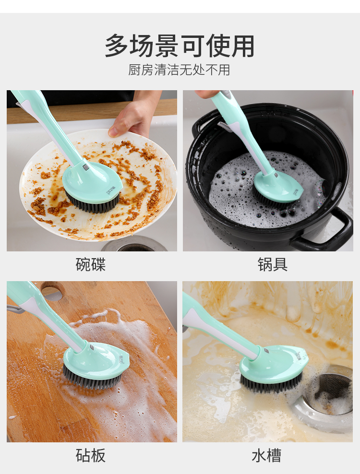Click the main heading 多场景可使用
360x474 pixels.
pyautogui.click(x=180, y=46)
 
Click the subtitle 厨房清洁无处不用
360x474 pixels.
pyautogui.click(x=179, y=70)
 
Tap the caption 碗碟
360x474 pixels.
pyautogui.click(x=90, y=264)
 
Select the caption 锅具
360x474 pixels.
pyautogui.click(x=273, y=264)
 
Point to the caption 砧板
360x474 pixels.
pyautogui.click(x=90, y=455)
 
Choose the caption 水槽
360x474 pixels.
pyautogui.click(x=266, y=455)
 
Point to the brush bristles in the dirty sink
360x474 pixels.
pyautogui.click(x=271, y=383)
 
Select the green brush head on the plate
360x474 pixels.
pyautogui.click(x=92, y=181)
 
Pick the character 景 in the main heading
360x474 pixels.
pyautogui.click(x=167, y=46)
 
